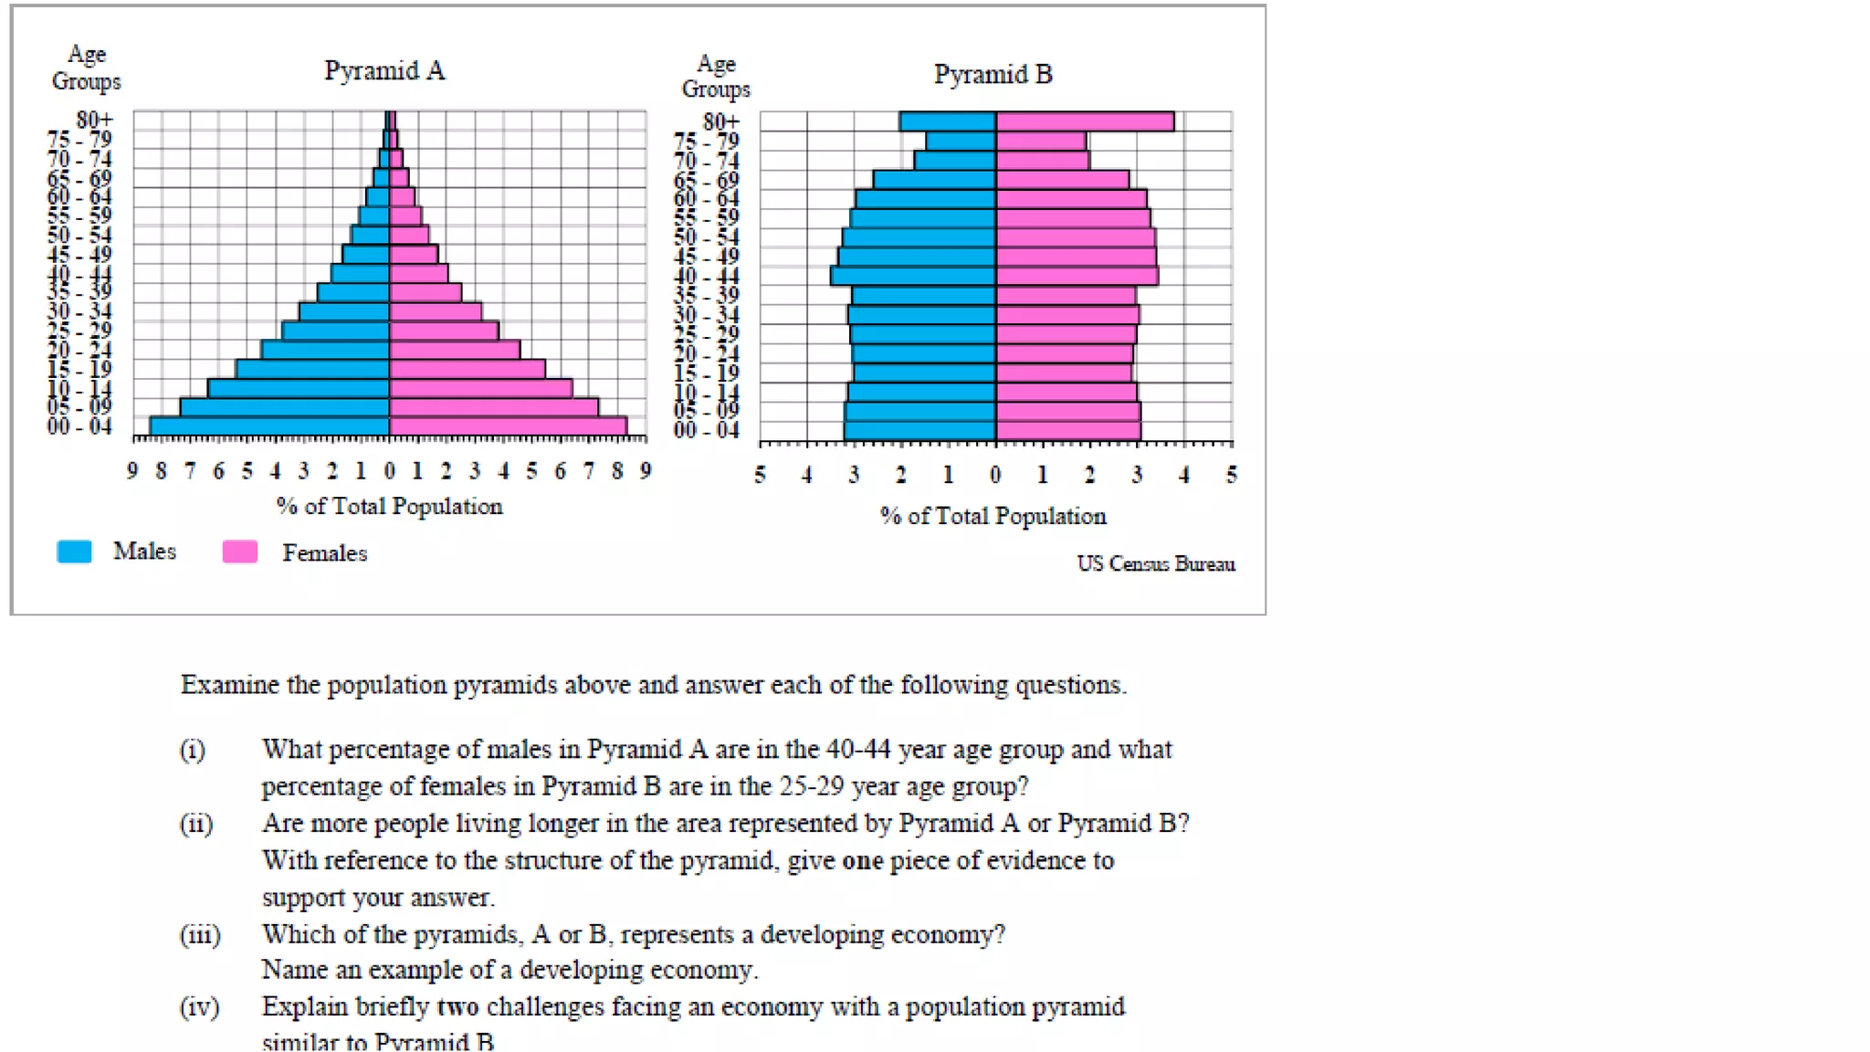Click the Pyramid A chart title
(384, 70)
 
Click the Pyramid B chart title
(993, 74)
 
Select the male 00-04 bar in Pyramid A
(270, 426)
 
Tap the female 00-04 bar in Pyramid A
(508, 426)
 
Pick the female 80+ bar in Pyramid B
(1084, 121)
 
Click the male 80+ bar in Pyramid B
(947, 121)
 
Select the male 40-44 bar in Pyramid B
(913, 276)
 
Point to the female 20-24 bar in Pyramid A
(454, 350)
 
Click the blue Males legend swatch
(74, 552)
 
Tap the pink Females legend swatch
(240, 552)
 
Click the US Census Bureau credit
(1155, 563)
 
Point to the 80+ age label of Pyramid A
(94, 120)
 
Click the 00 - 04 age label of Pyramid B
(706, 430)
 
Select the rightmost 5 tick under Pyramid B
(1231, 475)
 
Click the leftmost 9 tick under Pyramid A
(132, 471)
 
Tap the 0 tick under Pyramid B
(995, 475)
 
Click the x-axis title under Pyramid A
(389, 506)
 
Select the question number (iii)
(199, 935)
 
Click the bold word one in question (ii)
(862, 861)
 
